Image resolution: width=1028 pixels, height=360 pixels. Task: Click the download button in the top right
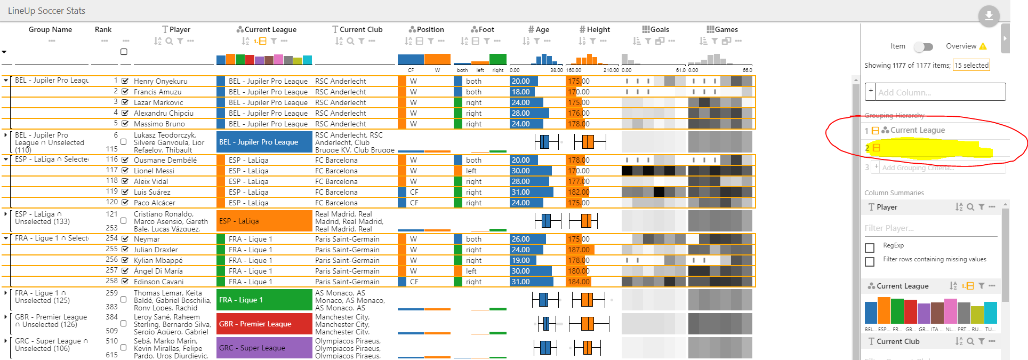(x=989, y=16)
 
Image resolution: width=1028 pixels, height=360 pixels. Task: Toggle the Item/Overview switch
(x=923, y=47)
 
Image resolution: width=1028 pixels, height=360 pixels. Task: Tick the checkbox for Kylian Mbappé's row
(x=125, y=260)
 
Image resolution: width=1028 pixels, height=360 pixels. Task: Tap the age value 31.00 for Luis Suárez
(x=521, y=192)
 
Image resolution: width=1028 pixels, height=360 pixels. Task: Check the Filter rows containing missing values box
(x=870, y=262)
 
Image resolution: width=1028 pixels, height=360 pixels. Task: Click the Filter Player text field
(x=930, y=228)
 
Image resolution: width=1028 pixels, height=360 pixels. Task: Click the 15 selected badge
(x=971, y=65)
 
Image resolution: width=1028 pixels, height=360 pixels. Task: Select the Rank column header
(x=103, y=30)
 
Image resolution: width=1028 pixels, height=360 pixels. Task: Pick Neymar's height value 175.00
(x=578, y=239)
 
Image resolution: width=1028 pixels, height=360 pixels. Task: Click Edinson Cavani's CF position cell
(x=414, y=282)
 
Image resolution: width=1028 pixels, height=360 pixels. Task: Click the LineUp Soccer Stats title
(x=46, y=11)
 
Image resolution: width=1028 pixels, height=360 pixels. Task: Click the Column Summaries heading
(x=894, y=193)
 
